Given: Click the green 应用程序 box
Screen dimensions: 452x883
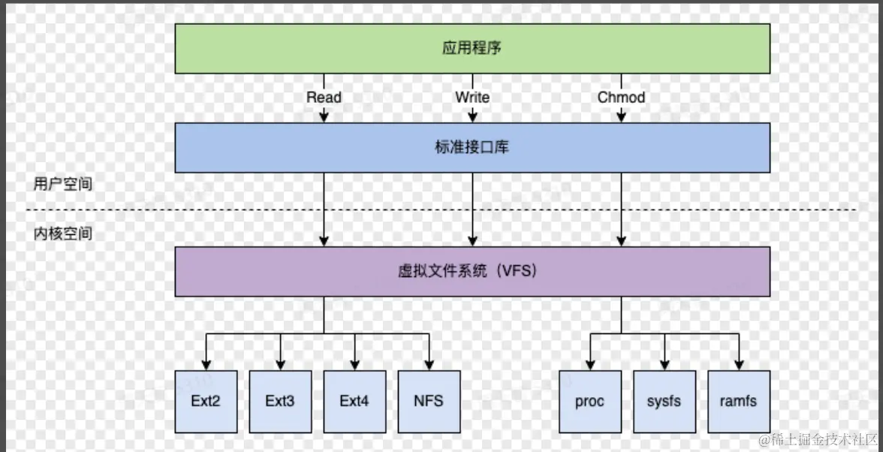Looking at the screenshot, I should pyautogui.click(x=472, y=49).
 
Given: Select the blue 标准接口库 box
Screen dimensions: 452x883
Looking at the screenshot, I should pyautogui.click(x=472, y=148).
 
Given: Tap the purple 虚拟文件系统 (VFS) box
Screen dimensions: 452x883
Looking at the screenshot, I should pyautogui.click(x=472, y=272).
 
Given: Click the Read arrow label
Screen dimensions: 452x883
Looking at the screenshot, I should pyautogui.click(x=324, y=98).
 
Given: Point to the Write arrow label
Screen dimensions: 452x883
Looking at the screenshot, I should pyautogui.click(x=472, y=98).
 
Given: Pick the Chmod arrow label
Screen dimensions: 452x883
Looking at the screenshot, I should pyautogui.click(x=621, y=98).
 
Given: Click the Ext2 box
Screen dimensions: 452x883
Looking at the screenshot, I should pyautogui.click(x=206, y=401).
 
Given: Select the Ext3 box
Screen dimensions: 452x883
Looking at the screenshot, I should pyautogui.click(x=280, y=401).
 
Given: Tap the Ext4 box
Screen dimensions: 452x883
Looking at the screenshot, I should pyautogui.click(x=354, y=401).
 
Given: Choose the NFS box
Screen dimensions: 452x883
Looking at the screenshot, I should pyautogui.click(x=429, y=401).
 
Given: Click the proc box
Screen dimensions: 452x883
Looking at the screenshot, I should pyautogui.click(x=590, y=401).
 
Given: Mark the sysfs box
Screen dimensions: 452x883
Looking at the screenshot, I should pyautogui.click(x=665, y=401).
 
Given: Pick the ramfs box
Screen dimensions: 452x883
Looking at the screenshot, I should pyautogui.click(x=739, y=401).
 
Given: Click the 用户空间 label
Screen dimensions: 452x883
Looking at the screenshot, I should pyautogui.click(x=63, y=185).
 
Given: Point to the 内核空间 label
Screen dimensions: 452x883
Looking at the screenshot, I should pyautogui.click(x=63, y=234).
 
